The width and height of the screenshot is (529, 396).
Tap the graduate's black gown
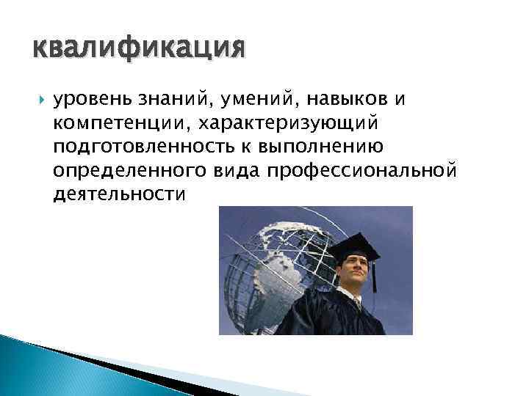(345, 315)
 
